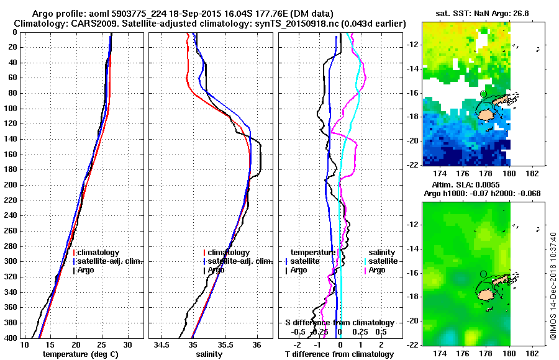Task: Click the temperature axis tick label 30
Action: click(x=128, y=344)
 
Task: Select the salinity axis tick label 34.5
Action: click(x=163, y=344)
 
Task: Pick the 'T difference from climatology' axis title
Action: click(x=339, y=354)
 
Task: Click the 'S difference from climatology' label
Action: click(x=339, y=323)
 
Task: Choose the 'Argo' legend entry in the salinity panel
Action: click(x=216, y=270)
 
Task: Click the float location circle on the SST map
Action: click(x=483, y=94)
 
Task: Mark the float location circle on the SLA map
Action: click(x=483, y=273)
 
